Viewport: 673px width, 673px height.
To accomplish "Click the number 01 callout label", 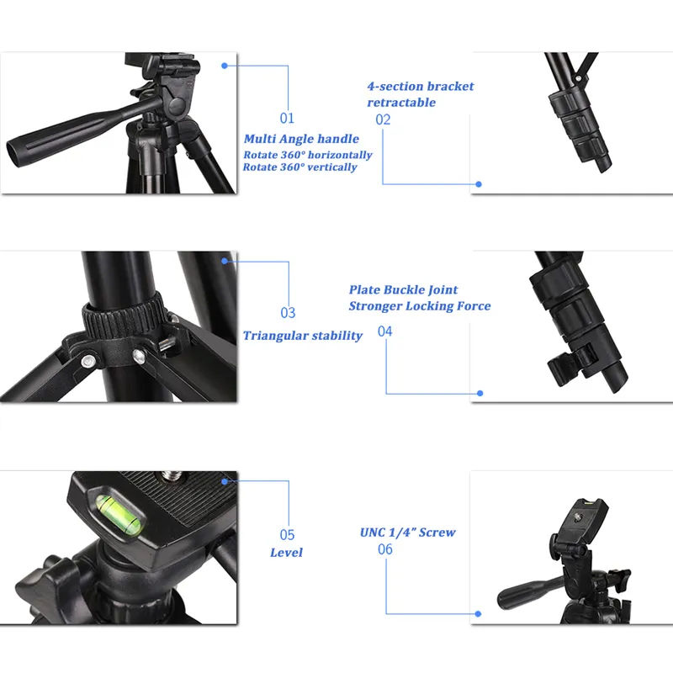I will (x=288, y=119).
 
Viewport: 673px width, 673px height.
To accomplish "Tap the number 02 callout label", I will (x=384, y=119).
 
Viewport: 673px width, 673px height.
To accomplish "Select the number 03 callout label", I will (x=288, y=313).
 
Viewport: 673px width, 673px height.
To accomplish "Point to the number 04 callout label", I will (x=385, y=331).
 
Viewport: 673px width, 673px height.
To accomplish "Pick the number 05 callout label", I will (x=288, y=534).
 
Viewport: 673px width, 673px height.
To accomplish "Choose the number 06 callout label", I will (x=385, y=549).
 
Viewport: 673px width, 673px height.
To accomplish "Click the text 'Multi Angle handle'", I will (x=301, y=139).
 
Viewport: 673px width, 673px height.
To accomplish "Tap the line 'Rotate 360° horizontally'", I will (x=308, y=155).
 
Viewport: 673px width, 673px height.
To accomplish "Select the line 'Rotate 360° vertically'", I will (x=300, y=167).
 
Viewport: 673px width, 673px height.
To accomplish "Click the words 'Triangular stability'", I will (x=303, y=336).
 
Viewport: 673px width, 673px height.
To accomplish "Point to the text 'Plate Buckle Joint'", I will (x=404, y=289).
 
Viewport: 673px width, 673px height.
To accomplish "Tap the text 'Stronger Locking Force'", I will (x=420, y=305).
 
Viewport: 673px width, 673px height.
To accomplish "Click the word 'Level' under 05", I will (x=286, y=553).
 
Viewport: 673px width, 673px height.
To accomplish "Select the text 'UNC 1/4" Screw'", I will (x=408, y=532).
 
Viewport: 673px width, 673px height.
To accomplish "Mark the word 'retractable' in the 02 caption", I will (x=401, y=102).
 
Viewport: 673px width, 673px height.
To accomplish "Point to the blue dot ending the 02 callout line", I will (x=479, y=183).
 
